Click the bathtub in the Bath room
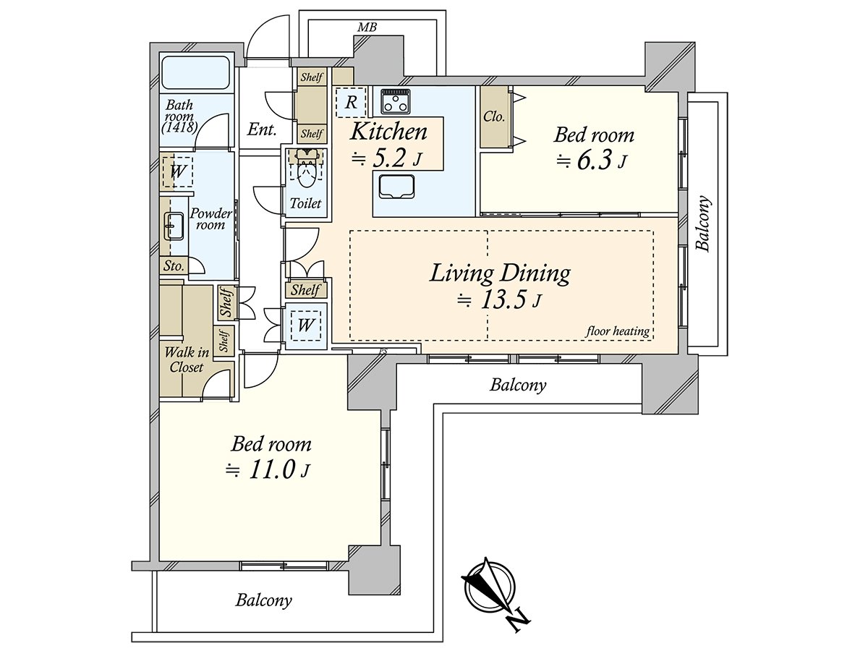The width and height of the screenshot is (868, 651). coord(196,73)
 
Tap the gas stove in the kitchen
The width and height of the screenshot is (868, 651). coord(396,101)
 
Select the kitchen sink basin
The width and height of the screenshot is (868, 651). coord(396,187)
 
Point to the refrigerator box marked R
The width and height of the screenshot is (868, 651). coord(351,103)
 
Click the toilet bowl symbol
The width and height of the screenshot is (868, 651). coord(305,173)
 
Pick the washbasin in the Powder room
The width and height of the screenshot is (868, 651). coord(174,226)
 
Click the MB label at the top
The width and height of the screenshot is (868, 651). coord(367,27)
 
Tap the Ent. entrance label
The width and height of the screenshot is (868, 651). coord(261,129)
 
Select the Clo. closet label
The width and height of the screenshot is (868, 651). coord(494,116)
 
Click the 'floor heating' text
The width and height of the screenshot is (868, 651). coord(617,331)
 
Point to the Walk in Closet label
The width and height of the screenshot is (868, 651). coord(186,359)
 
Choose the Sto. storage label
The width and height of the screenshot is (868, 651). coord(174,265)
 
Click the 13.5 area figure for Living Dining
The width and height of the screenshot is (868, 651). coord(503,300)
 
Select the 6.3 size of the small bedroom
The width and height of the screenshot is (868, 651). coord(594,161)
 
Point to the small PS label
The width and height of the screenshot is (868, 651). coord(383,350)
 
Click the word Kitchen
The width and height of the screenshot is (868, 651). coord(388,132)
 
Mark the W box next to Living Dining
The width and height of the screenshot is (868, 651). coord(306,325)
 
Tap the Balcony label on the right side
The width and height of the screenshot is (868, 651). coord(703,224)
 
